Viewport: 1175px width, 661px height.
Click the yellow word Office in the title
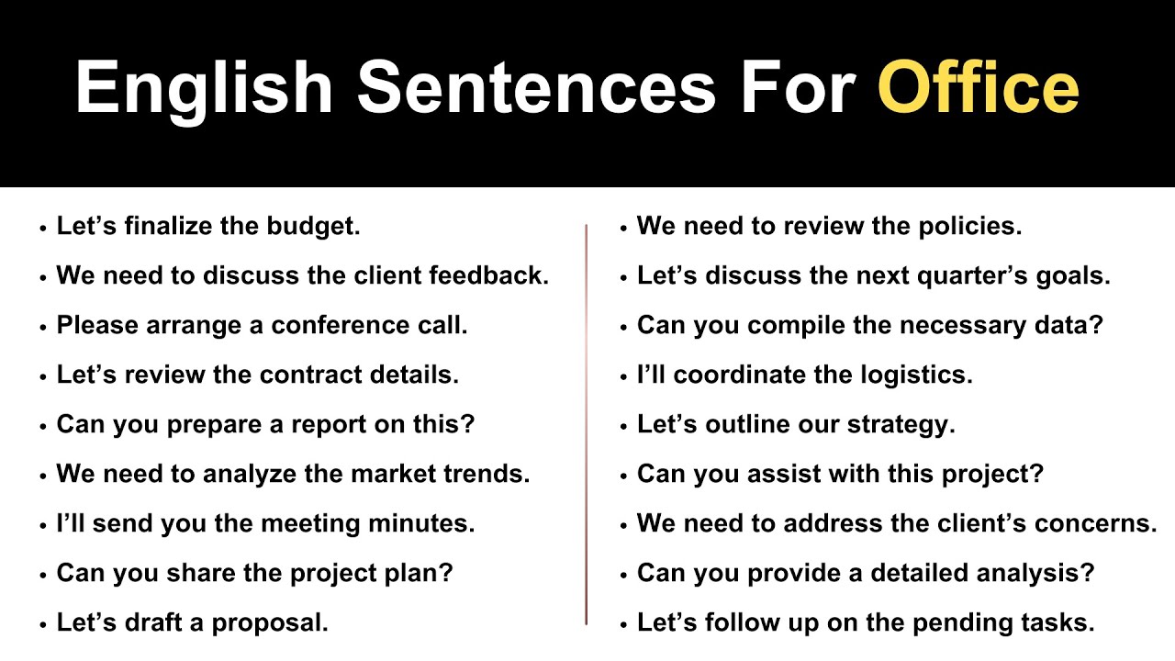pos(978,87)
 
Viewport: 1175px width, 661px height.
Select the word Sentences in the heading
pos(536,87)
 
